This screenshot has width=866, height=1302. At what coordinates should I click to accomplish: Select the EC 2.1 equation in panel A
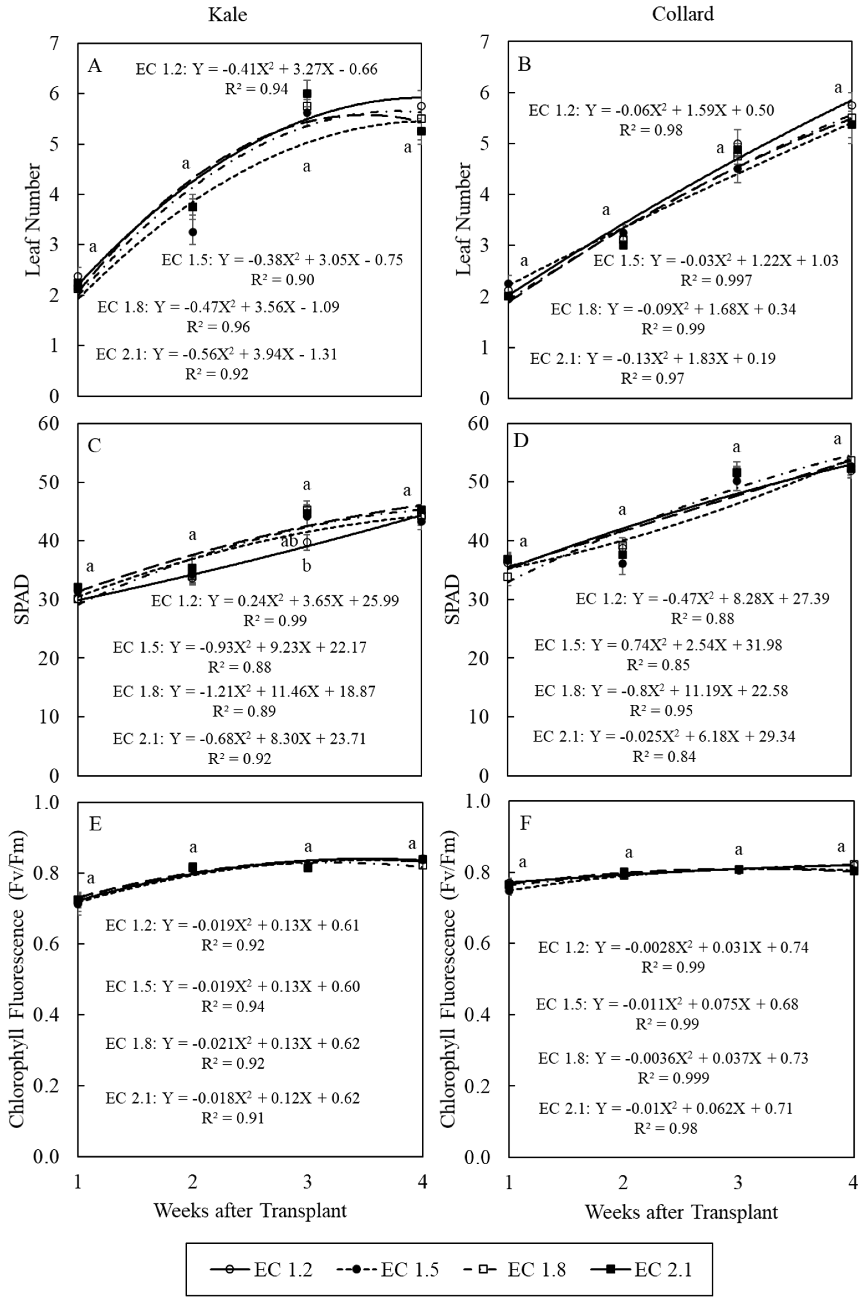point(216,354)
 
